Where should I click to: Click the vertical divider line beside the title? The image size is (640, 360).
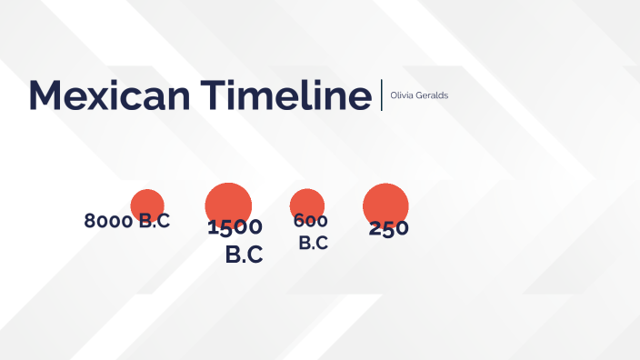[382, 95]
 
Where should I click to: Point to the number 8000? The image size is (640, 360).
[108, 221]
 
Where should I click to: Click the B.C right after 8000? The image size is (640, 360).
[154, 221]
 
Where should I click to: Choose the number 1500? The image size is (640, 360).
[235, 227]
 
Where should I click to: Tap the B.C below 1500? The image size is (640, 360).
[244, 255]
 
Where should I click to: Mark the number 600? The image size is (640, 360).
[310, 221]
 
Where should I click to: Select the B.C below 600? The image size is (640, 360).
[314, 243]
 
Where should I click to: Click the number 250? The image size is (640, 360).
[389, 229]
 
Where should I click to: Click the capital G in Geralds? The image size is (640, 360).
[416, 95]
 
